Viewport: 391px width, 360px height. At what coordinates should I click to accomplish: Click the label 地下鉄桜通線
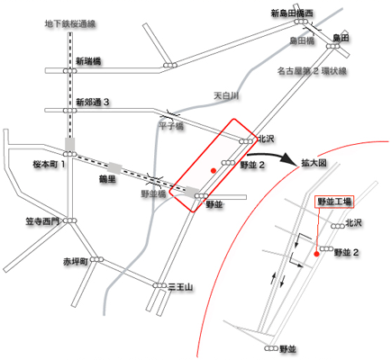[70, 24]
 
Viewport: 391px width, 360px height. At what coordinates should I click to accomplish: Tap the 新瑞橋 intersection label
[88, 61]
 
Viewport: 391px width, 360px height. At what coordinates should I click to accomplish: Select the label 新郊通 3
[92, 103]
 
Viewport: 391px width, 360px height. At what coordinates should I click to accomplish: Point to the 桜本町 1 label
[49, 164]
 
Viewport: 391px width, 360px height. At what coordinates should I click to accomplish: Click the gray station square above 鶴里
[114, 168]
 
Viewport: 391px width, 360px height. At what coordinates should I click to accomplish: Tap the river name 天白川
[226, 95]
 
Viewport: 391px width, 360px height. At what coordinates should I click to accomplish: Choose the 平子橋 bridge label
[171, 126]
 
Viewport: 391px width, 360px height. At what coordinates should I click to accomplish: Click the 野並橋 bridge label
[153, 193]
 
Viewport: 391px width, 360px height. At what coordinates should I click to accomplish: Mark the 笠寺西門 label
[42, 221]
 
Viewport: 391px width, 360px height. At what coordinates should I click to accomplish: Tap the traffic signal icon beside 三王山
[159, 285]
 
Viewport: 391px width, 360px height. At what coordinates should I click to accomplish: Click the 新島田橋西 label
[292, 13]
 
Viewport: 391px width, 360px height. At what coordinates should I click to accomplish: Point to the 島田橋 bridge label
[302, 40]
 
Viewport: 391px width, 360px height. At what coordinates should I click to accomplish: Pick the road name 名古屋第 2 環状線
[312, 71]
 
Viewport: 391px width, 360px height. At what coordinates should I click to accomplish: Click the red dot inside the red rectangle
[214, 171]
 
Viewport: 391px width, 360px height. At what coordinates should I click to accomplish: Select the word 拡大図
[314, 163]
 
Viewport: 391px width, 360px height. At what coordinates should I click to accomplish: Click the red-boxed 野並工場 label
[334, 202]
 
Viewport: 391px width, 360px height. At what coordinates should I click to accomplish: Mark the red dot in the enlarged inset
[316, 255]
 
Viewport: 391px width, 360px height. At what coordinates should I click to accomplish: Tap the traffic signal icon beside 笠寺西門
[70, 220]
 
